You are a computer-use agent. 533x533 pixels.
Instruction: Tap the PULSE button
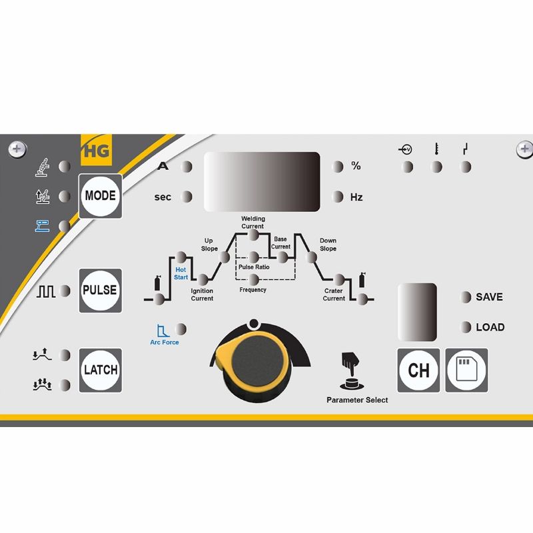(101, 290)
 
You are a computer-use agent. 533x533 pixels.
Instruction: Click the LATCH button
(101, 370)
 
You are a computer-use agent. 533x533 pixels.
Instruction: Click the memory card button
(467, 370)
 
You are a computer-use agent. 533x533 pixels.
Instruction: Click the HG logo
(96, 151)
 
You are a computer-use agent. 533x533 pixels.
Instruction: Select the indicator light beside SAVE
(465, 296)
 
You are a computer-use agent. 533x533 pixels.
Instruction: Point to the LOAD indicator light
(465, 327)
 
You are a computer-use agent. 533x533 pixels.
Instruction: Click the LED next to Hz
(338, 197)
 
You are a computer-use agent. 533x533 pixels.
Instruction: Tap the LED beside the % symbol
(338, 167)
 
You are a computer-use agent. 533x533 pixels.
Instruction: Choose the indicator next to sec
(187, 197)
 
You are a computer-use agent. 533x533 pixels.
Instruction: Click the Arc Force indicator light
(181, 329)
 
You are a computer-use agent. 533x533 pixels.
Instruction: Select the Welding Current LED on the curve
(253, 235)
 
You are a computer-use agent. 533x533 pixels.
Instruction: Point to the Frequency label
(253, 290)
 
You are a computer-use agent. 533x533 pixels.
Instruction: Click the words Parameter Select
(357, 400)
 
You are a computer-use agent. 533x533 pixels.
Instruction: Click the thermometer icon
(436, 149)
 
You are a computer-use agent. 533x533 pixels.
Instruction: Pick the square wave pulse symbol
(46, 291)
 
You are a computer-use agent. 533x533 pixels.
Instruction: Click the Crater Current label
(334, 294)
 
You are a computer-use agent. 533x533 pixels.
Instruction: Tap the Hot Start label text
(181, 273)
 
